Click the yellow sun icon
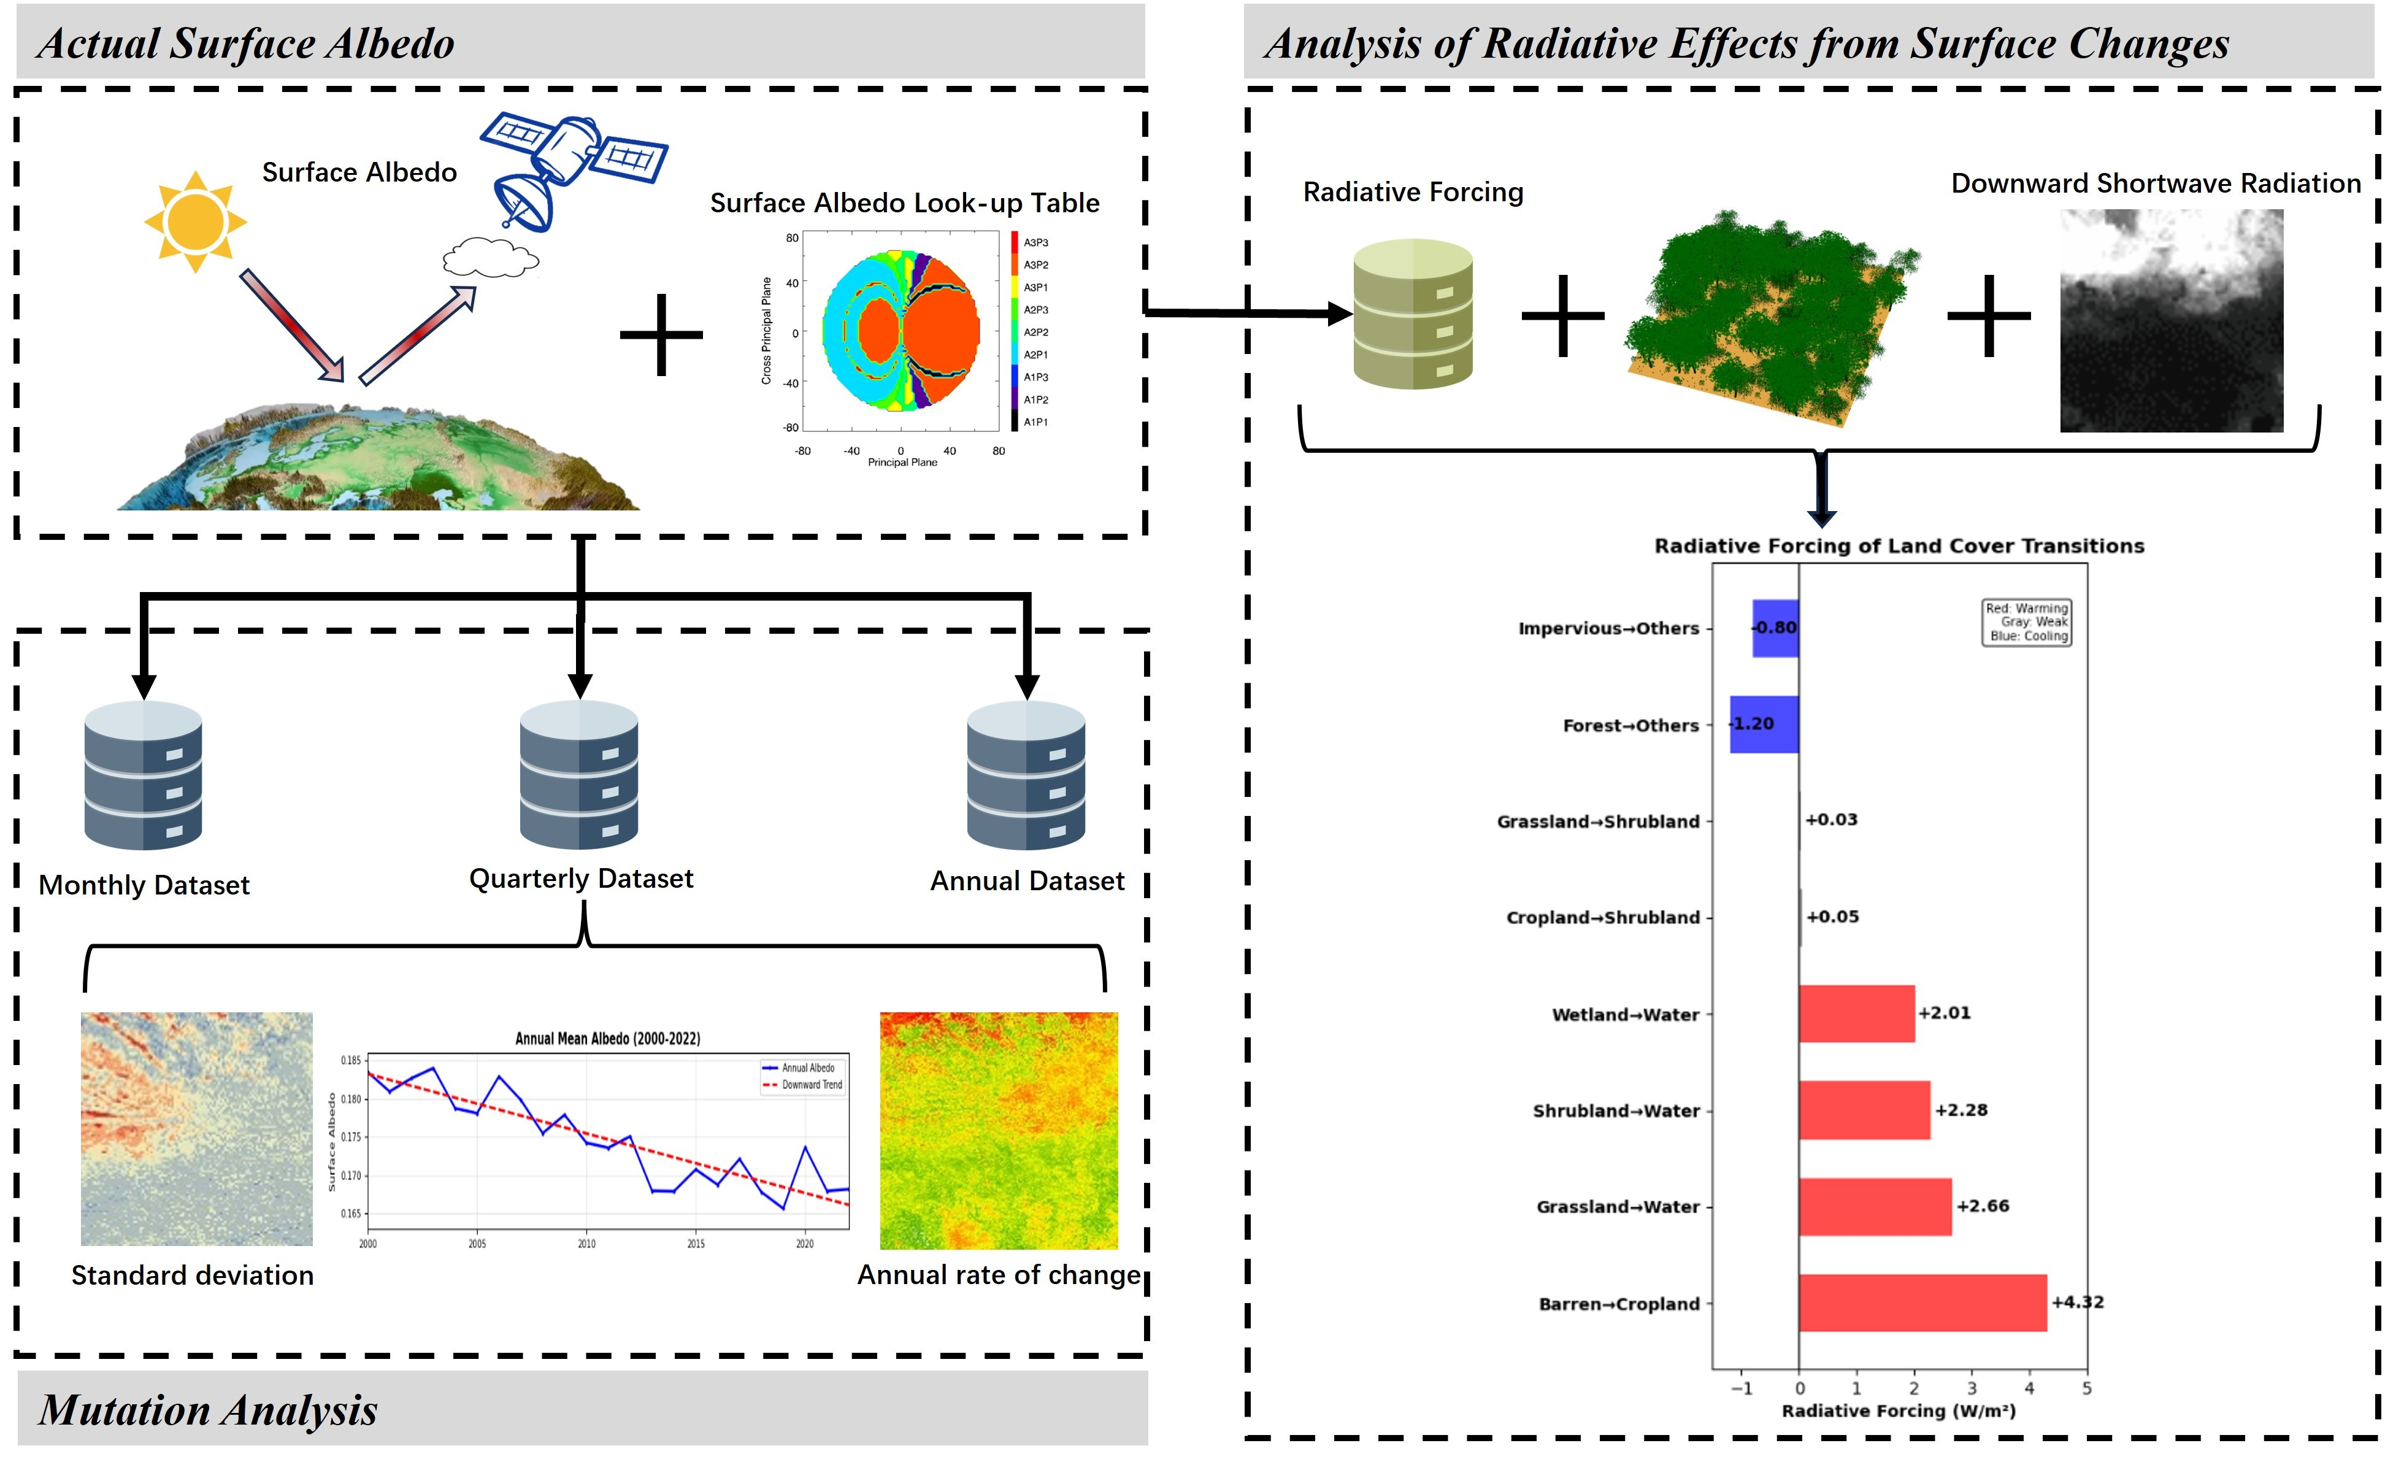[x=196, y=221]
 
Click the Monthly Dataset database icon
[x=144, y=775]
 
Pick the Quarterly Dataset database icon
[x=579, y=775]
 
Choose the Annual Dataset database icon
[x=1026, y=775]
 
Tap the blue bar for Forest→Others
[x=1764, y=724]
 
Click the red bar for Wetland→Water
[x=1856, y=1014]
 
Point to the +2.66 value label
[x=1983, y=1206]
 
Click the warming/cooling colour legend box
[x=2028, y=621]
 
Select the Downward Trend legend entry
[x=804, y=1085]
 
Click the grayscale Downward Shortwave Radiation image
[x=2171, y=320]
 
